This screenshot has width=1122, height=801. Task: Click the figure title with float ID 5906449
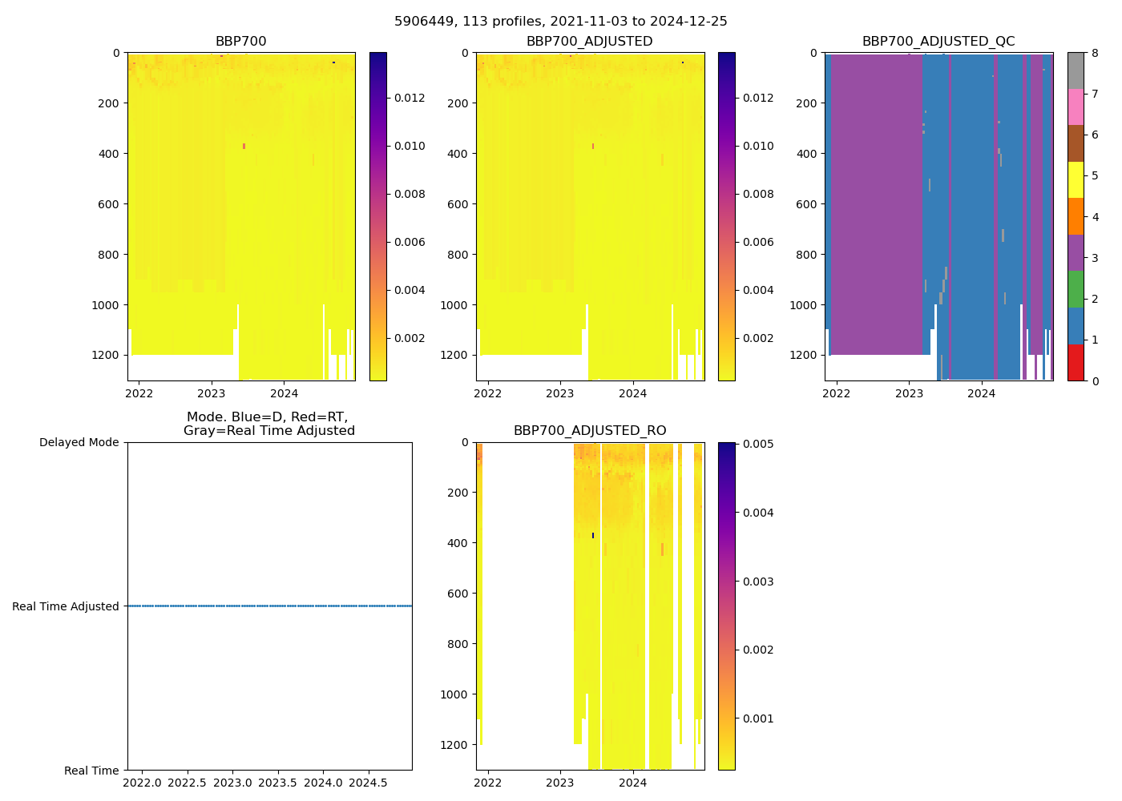coord(560,22)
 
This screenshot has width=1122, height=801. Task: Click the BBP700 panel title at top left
coord(240,42)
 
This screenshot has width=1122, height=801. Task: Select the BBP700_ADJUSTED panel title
coord(589,42)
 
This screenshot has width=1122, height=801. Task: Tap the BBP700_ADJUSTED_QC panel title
coord(938,42)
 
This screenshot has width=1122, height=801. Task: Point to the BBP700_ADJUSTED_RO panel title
coord(590,431)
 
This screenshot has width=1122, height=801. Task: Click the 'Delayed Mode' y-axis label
coord(79,442)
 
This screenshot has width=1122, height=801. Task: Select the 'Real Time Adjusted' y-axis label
coord(66,606)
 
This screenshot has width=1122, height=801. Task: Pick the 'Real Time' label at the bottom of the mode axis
coord(91,771)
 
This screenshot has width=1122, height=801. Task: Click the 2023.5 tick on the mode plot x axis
coord(278,783)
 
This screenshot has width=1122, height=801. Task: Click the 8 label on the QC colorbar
coord(1095,54)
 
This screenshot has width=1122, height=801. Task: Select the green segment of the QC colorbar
coord(1076,289)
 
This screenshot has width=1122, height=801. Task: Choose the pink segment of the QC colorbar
coord(1076,107)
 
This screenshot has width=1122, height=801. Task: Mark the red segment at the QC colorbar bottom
coord(1076,362)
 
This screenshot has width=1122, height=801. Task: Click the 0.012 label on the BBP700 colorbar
coord(410,98)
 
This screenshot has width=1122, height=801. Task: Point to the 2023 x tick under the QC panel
coord(909,393)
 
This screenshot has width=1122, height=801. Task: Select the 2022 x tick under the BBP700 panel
coord(139,393)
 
